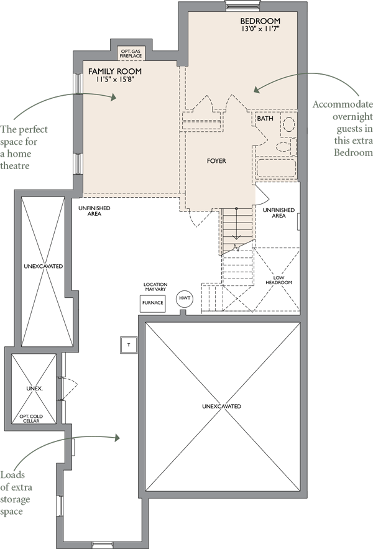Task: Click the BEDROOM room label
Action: click(x=260, y=21)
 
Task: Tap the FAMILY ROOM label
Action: click(x=115, y=72)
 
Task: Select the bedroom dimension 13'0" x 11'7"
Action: click(x=259, y=29)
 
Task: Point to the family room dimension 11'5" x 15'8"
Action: click(x=115, y=80)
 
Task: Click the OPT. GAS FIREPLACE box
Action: click(x=131, y=53)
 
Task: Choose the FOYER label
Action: click(x=216, y=161)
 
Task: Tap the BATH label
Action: click(x=265, y=118)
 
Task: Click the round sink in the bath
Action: click(x=288, y=124)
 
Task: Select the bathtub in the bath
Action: click(x=277, y=168)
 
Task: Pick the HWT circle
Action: click(x=185, y=298)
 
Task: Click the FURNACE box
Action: click(x=153, y=303)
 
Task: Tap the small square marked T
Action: click(x=129, y=345)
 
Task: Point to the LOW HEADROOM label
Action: click(x=279, y=280)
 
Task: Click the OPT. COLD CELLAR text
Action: click(x=31, y=418)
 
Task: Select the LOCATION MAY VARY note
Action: click(x=155, y=287)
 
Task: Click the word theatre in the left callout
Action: click(x=15, y=165)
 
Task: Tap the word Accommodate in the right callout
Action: click(x=343, y=104)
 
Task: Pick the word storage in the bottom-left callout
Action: click(x=15, y=500)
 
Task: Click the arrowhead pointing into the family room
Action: click(x=113, y=97)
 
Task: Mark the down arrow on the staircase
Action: click(x=236, y=224)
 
